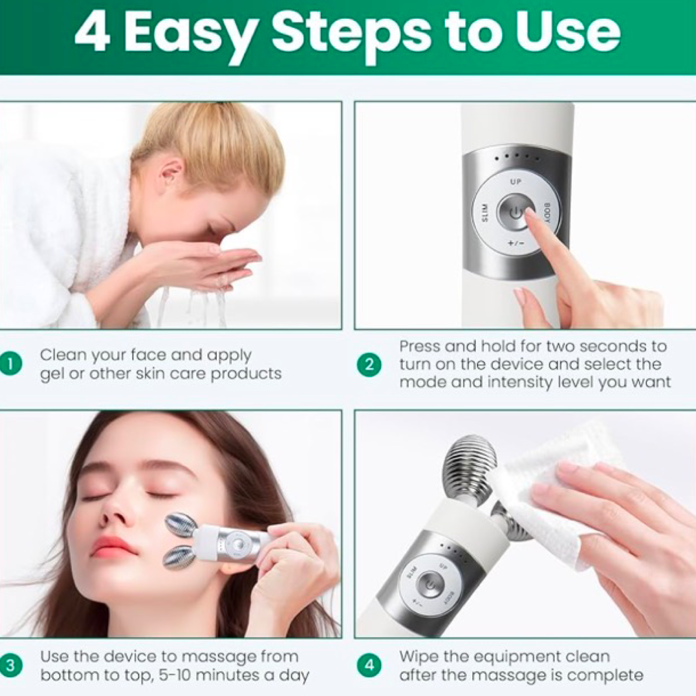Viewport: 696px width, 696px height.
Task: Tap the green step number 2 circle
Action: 369,365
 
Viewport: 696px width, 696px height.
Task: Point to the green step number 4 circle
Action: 369,666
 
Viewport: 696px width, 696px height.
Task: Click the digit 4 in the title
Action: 92,33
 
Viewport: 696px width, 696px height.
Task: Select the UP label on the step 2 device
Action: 515,182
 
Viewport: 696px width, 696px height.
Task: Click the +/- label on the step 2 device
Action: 515,243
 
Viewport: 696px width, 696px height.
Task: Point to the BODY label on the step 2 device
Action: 547,212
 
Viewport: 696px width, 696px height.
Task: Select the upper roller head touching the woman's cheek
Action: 180,525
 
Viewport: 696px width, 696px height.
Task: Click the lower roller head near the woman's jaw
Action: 178,557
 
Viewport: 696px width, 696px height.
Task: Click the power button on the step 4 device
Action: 430,584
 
